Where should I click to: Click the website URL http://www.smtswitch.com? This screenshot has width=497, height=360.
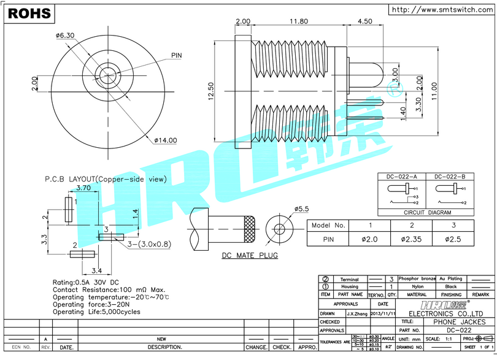tap(442, 9)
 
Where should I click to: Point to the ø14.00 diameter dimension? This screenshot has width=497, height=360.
tap(165, 140)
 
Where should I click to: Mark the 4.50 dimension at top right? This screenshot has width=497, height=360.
tap(364, 21)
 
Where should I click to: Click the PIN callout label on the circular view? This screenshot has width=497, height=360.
tap(177, 56)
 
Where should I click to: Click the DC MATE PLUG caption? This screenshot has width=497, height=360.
tap(250, 255)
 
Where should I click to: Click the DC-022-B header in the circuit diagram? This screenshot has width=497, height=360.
tap(450, 177)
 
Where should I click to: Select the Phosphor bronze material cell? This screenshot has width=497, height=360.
tap(417, 279)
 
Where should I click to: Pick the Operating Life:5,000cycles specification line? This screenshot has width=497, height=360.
tap(96, 312)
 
